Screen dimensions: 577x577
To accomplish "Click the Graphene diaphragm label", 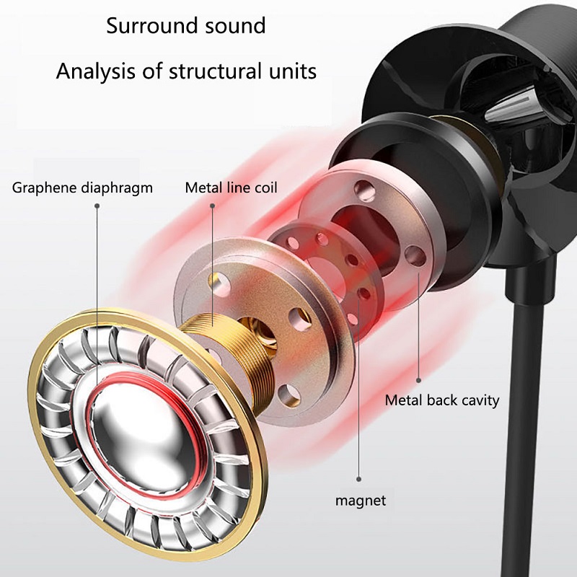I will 83,188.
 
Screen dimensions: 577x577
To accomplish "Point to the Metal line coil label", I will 231,188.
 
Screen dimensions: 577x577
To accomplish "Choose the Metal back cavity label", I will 441,400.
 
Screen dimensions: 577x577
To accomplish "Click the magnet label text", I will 359,500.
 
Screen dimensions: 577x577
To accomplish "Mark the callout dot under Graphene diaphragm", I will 97,205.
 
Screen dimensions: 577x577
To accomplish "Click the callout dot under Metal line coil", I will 213,205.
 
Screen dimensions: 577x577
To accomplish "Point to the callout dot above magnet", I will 358,477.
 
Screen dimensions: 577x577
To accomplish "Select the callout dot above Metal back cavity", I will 419,378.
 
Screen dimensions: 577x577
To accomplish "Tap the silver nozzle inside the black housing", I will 506,108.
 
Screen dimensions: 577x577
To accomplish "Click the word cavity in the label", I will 477,400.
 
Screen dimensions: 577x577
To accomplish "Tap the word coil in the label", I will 264,188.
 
